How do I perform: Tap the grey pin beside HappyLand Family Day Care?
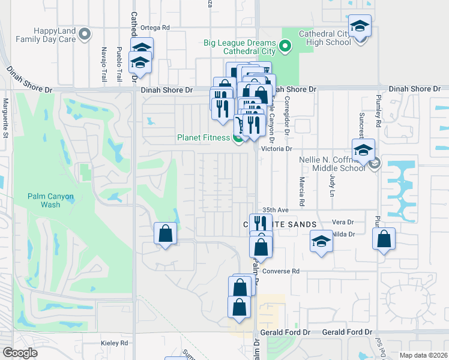[x=85, y=34]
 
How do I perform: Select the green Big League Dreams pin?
[x=285, y=46]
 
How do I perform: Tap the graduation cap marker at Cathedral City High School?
[x=360, y=27]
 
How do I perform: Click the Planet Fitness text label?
[x=203, y=137]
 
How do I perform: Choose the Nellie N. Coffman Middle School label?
[x=333, y=164]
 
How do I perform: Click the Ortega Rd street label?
[x=155, y=27]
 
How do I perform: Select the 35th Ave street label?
[x=276, y=210]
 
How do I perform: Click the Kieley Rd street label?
[x=115, y=343]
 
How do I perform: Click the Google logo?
[x=20, y=353]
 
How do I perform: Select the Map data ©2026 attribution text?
[x=423, y=355]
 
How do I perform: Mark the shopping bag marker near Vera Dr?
[x=384, y=239]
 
